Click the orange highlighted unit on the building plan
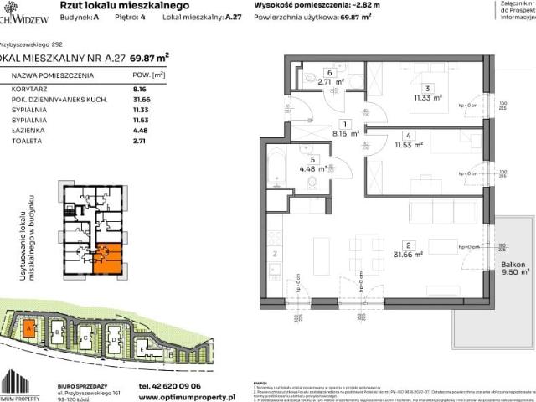[x=108, y=257]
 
